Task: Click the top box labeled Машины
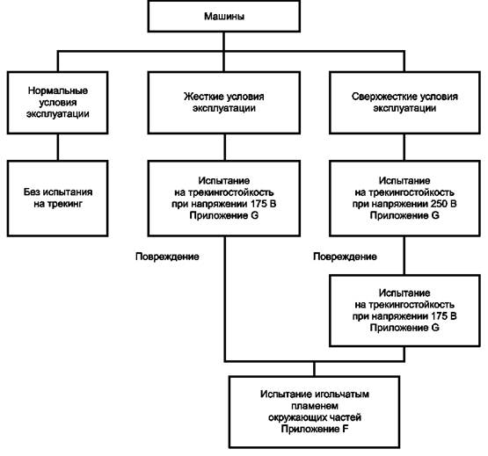(x=223, y=16)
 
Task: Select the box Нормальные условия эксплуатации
(x=57, y=103)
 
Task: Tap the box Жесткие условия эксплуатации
(x=223, y=103)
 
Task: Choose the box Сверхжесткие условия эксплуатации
(x=404, y=103)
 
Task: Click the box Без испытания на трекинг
(x=57, y=199)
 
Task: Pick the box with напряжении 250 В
(x=404, y=199)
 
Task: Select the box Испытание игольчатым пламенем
(x=314, y=412)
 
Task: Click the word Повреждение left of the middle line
(x=167, y=257)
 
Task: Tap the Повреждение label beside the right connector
(x=345, y=257)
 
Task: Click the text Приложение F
(x=314, y=429)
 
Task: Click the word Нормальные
(x=58, y=90)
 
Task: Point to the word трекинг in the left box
(x=65, y=204)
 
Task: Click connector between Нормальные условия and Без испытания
(x=58, y=147)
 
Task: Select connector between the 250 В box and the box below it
(x=404, y=256)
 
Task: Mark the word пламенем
(x=314, y=406)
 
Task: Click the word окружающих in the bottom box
(x=295, y=417)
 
